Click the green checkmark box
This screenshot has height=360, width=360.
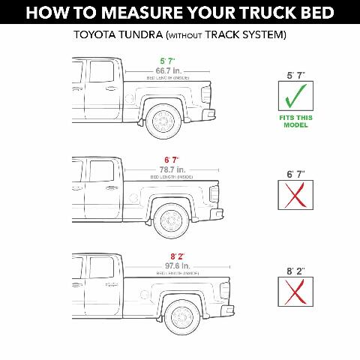[289, 97]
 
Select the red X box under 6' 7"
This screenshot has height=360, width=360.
[289, 196]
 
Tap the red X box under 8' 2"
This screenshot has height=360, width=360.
[289, 292]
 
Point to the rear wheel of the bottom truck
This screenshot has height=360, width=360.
[182, 317]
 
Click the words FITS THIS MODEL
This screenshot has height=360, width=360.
[289, 120]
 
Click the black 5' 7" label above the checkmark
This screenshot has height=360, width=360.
[289, 75]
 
